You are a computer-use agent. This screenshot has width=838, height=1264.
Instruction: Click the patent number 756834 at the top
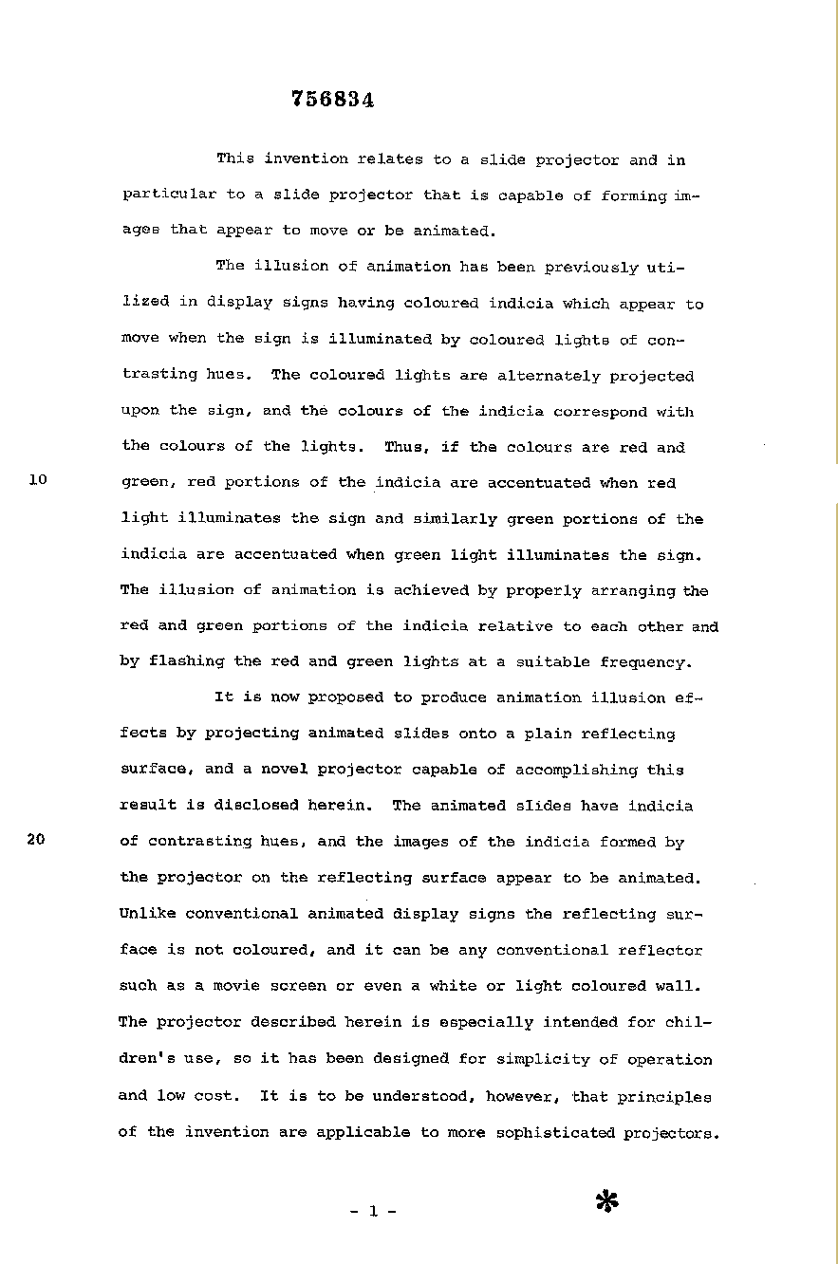point(332,101)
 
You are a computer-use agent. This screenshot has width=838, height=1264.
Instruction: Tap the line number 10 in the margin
point(38,480)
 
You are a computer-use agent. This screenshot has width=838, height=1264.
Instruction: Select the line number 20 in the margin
point(38,839)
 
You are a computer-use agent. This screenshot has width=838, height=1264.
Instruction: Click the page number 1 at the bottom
point(372,1211)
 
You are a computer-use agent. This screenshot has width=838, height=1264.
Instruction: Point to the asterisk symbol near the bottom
point(606,1201)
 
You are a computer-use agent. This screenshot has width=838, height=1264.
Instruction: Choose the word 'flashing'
point(187,661)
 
